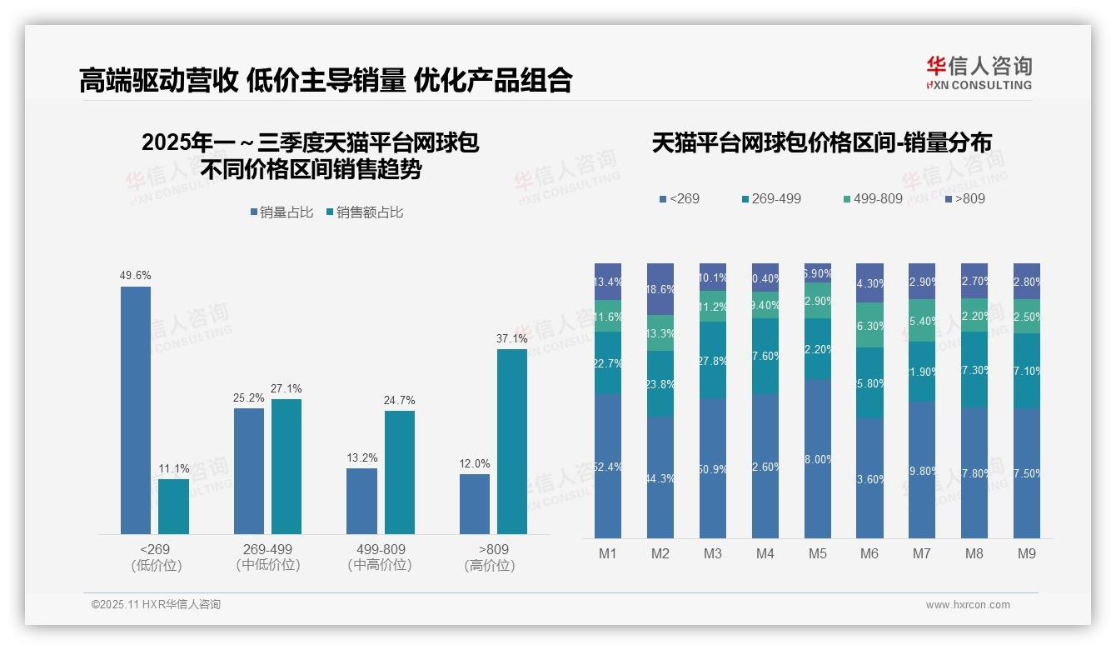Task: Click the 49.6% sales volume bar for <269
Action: pos(136,410)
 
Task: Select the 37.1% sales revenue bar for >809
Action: pos(512,442)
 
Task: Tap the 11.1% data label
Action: pos(174,468)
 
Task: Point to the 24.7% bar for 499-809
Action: pos(399,472)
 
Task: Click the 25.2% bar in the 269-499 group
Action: pos(249,471)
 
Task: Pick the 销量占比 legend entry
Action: pos(281,212)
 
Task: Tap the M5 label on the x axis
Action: pos(818,553)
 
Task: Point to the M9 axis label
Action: pos(1027,553)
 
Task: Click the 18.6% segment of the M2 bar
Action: pos(660,289)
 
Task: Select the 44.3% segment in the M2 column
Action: pos(660,477)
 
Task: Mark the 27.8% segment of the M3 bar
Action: pos(713,360)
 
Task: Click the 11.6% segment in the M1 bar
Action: pos(608,317)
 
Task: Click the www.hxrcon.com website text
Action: pos(968,605)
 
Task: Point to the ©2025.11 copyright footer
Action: pos(156,605)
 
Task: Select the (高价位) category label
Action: pos(490,566)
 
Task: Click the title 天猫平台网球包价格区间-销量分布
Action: pos(821,143)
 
